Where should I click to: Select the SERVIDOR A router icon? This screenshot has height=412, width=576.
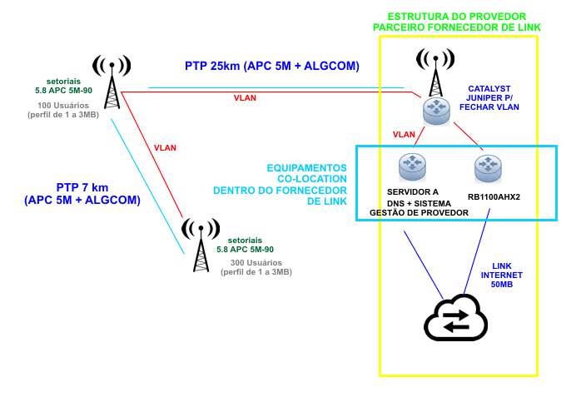click(x=411, y=167)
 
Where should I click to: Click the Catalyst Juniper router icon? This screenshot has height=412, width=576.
click(x=435, y=112)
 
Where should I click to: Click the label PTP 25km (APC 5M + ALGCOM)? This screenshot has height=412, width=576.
click(x=272, y=67)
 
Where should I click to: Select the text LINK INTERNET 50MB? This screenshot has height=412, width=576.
click(x=502, y=275)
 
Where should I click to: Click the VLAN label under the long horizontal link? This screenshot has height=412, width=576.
click(x=245, y=98)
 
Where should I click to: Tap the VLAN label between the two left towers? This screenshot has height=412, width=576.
click(x=166, y=147)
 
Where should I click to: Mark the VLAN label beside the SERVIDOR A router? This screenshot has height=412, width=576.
click(x=404, y=134)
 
